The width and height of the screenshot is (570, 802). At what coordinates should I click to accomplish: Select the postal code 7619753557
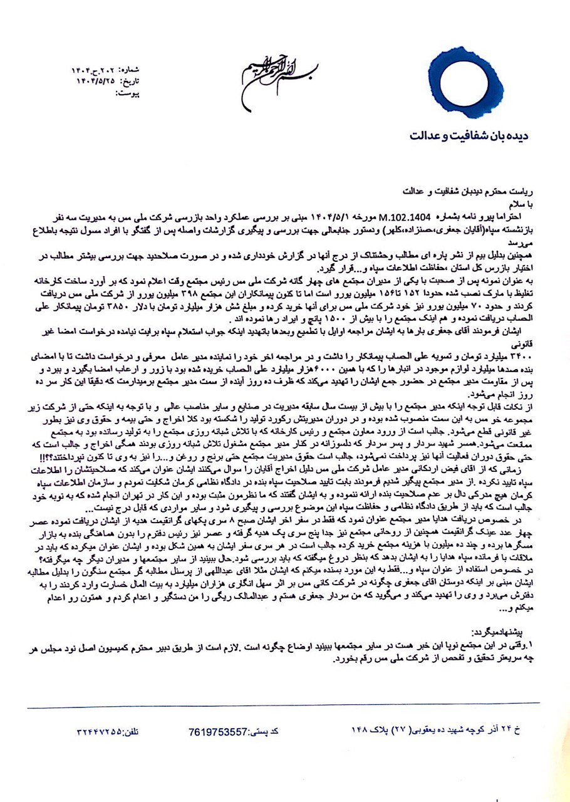217,731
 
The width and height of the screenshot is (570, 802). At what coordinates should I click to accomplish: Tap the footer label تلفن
142,731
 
